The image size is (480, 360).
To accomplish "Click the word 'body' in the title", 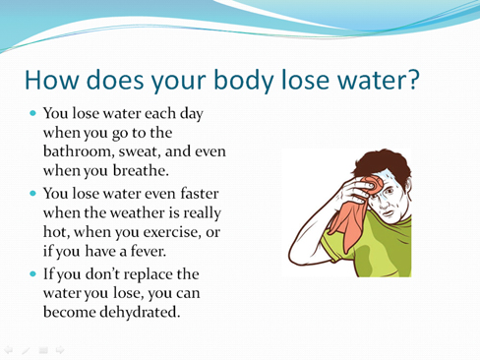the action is pos(244,81).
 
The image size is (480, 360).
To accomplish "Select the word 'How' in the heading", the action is pos(52,80).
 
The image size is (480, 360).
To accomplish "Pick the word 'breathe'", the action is pos(141,170).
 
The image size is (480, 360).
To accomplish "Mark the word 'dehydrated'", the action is pos(140,312).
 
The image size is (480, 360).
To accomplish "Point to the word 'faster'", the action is pos(200,193).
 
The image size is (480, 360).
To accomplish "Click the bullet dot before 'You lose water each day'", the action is pos(32,113).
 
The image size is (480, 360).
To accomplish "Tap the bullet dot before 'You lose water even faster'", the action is pos(32,193).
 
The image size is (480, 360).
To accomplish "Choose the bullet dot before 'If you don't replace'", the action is pos(32,273).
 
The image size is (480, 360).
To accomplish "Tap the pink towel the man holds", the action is pos(356,213).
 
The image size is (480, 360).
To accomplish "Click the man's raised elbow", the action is pos(292,258).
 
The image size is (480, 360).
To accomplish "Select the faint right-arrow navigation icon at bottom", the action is pos(60,350).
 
